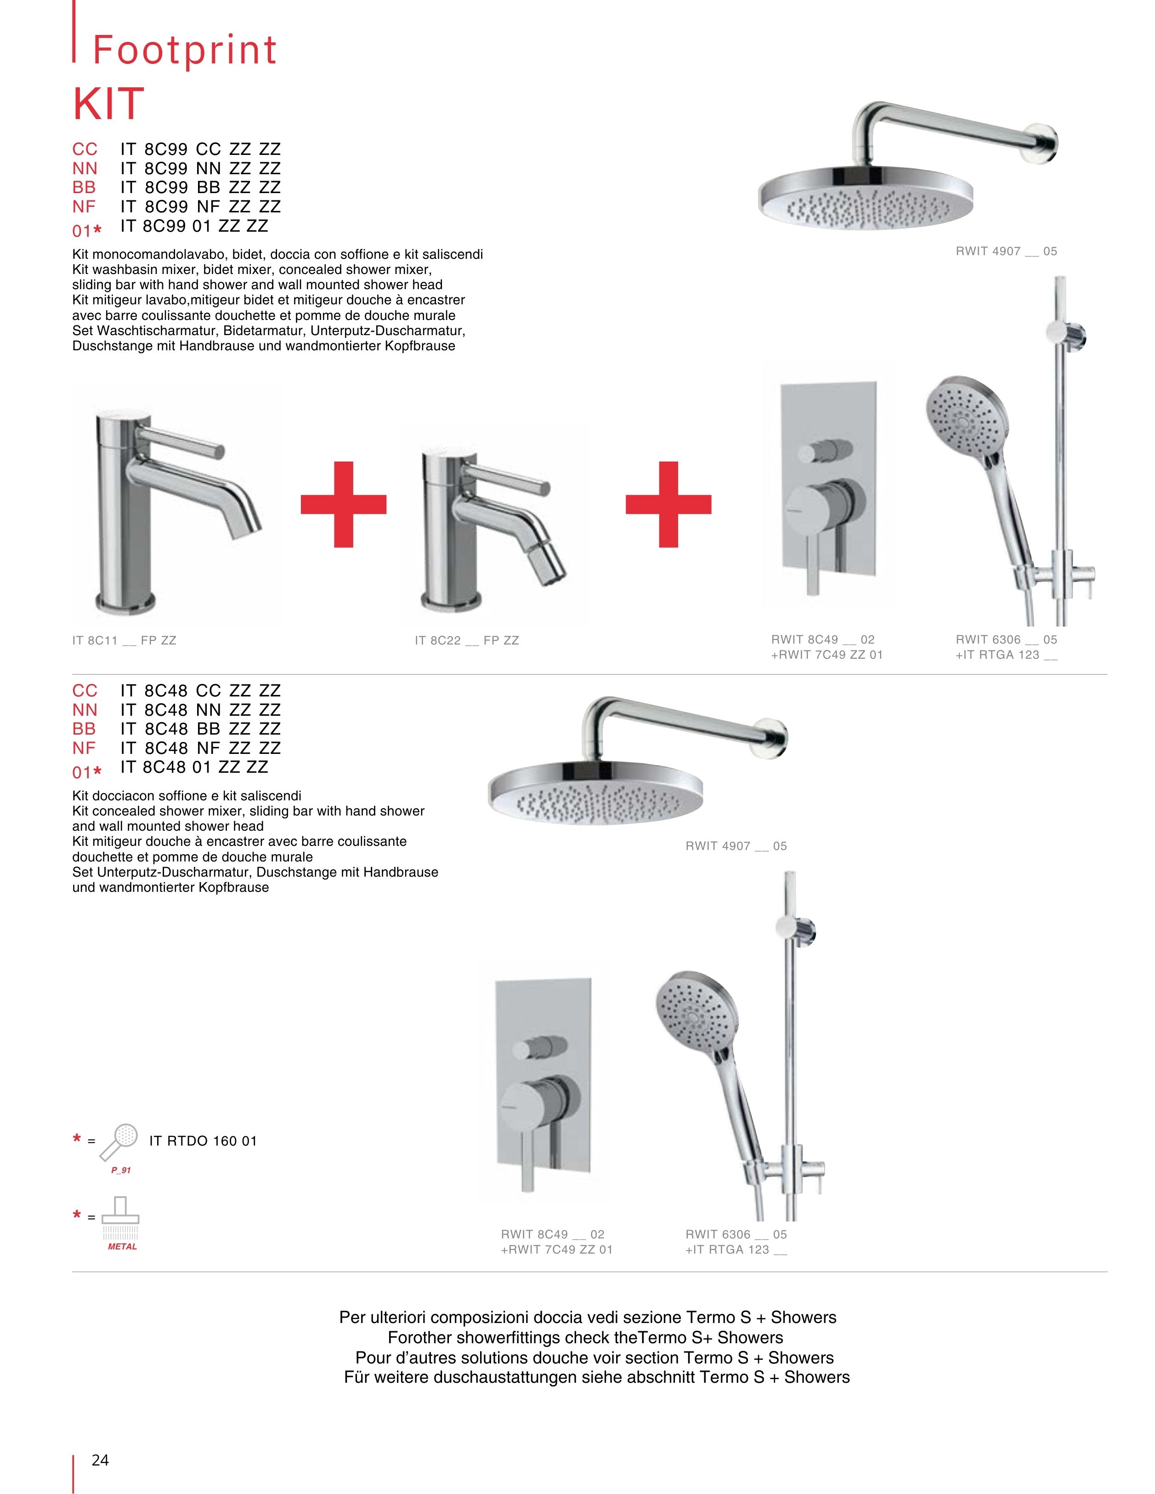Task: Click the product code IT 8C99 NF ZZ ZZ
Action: [x=200, y=206]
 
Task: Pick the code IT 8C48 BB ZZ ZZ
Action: [x=200, y=729]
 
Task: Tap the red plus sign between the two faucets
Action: [x=343, y=504]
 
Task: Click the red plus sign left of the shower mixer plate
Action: [x=668, y=504]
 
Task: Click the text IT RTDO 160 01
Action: [x=203, y=1141]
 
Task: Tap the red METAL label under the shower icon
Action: [x=122, y=1246]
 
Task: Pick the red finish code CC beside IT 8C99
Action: [x=85, y=149]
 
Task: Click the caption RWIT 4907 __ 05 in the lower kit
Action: [x=736, y=846]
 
